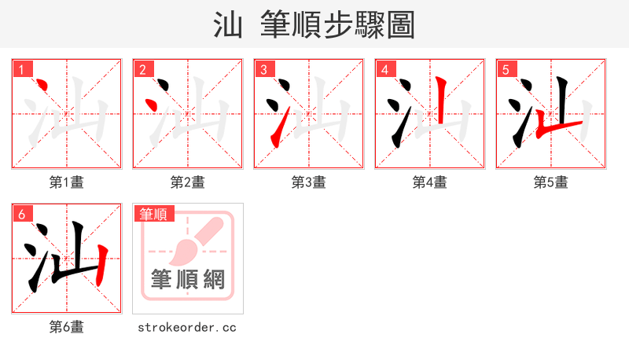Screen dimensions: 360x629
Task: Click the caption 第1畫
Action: click(67, 182)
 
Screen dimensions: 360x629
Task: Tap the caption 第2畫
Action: click(188, 182)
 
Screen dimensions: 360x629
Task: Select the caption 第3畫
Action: click(309, 182)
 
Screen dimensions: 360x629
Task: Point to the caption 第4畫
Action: click(430, 182)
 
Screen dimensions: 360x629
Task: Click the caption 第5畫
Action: click(551, 182)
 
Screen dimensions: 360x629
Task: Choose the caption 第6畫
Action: click(67, 327)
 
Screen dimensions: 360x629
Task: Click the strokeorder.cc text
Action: click(187, 327)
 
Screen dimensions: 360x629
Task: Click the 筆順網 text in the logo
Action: click(188, 279)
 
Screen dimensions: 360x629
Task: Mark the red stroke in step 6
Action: click(101, 266)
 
